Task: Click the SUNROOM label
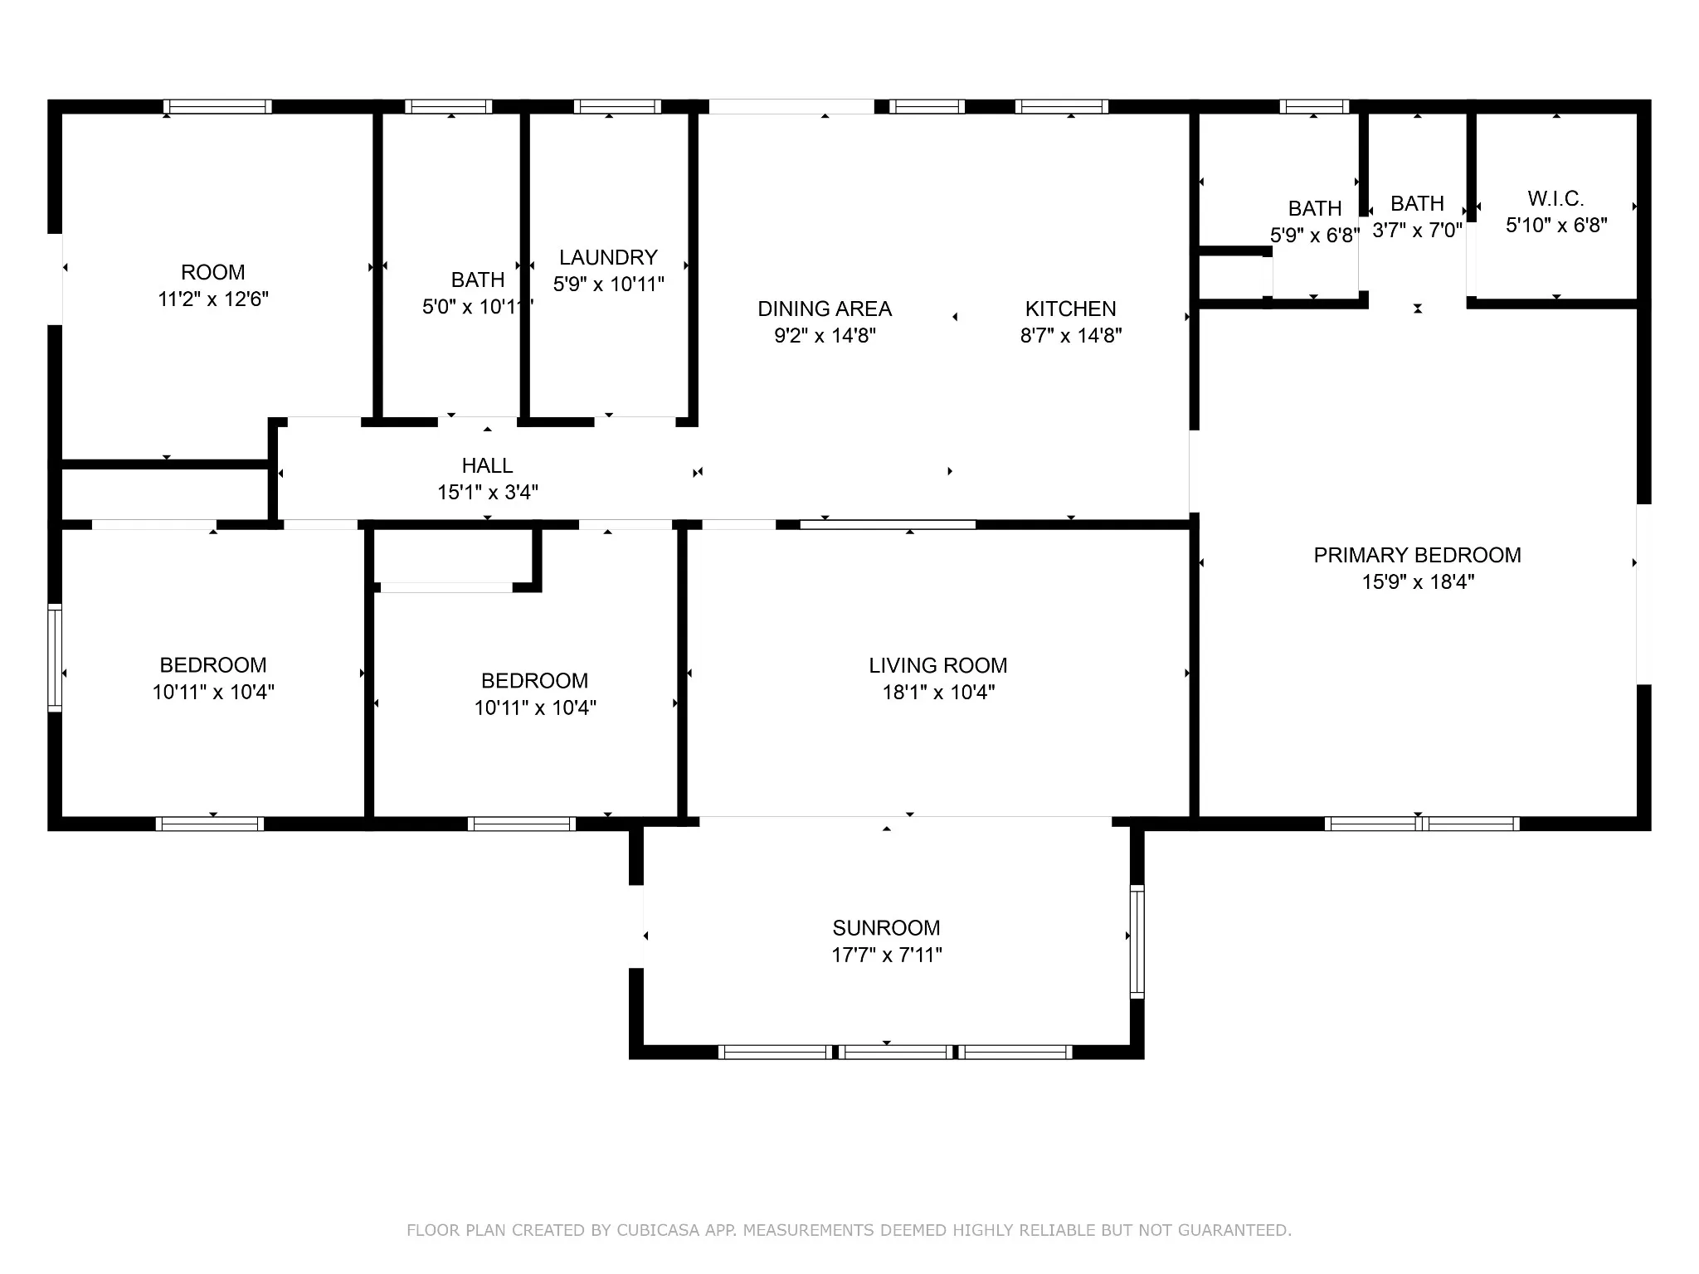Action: [x=886, y=927]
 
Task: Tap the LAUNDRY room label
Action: [x=608, y=257]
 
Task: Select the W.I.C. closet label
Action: [x=1555, y=198]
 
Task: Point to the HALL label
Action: [x=487, y=465]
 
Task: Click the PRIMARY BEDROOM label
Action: [x=1417, y=555]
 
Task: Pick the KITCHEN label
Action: [x=1070, y=309]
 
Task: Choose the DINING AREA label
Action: [x=825, y=309]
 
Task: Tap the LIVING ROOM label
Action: [x=938, y=665]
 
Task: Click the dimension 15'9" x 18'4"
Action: [x=1418, y=582]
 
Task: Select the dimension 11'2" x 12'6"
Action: [x=213, y=299]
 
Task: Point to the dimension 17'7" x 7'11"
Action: [x=887, y=955]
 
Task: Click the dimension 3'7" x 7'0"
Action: [x=1417, y=231]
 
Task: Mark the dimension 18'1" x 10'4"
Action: [x=938, y=692]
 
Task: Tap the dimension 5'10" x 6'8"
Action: [x=1556, y=225]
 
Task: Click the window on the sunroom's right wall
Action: [x=1137, y=941]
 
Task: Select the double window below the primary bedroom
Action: [x=1422, y=824]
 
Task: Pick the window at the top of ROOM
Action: [x=217, y=106]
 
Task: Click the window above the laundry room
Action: [x=617, y=106]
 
